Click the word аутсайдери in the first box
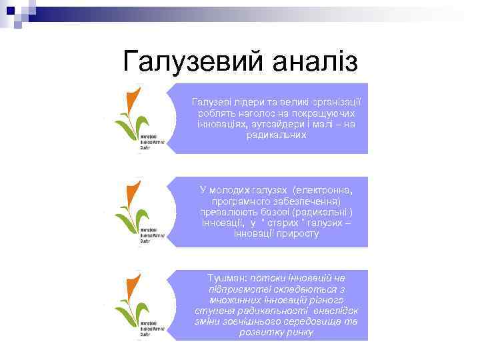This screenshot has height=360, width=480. tap(281, 124)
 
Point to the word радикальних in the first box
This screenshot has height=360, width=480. tap(276, 135)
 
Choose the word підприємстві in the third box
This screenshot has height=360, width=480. tap(239, 288)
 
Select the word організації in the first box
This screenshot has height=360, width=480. tap(334, 101)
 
